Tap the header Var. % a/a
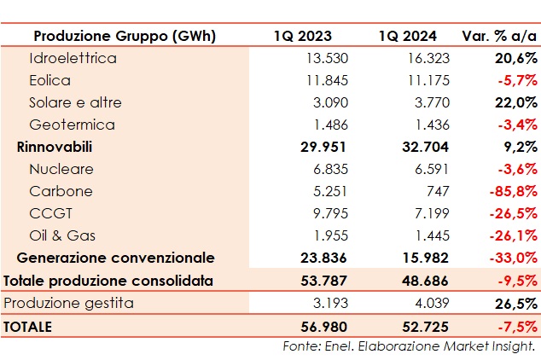pos(499,37)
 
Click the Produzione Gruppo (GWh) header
pos(125,37)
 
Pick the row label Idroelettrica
pos(73,59)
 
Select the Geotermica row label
pos(72,125)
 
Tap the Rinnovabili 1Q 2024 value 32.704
pos(423,148)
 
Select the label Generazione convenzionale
pos(116,258)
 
